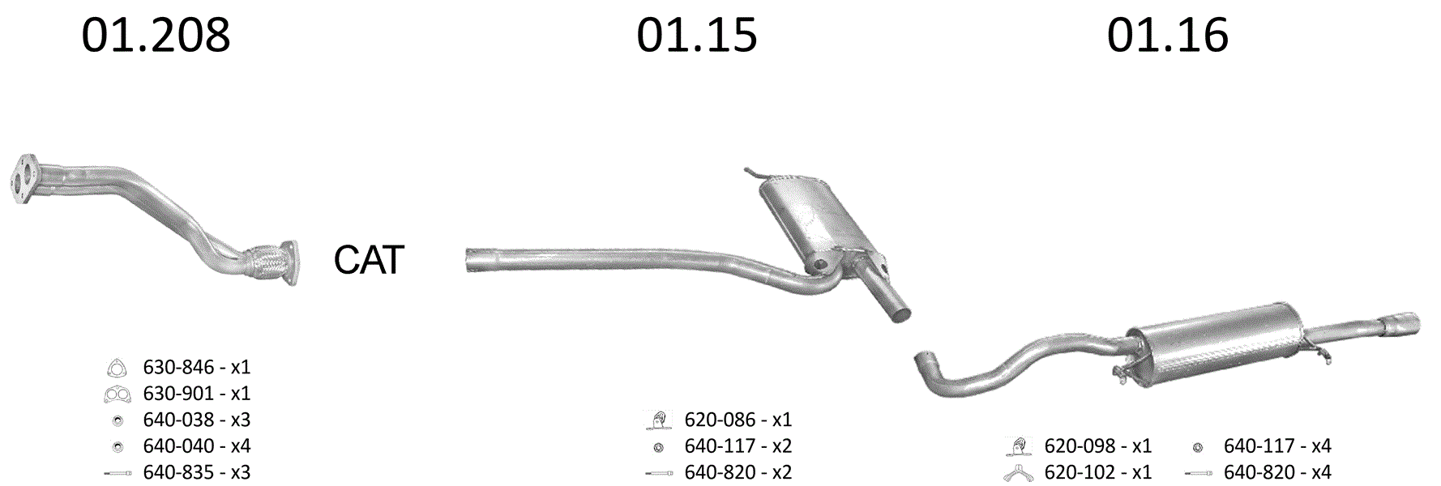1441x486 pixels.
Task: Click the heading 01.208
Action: [x=156, y=36]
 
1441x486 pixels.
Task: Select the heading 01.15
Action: [x=696, y=36]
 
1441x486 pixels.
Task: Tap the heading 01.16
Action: [x=1167, y=36]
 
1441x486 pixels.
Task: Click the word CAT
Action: [x=369, y=260]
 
